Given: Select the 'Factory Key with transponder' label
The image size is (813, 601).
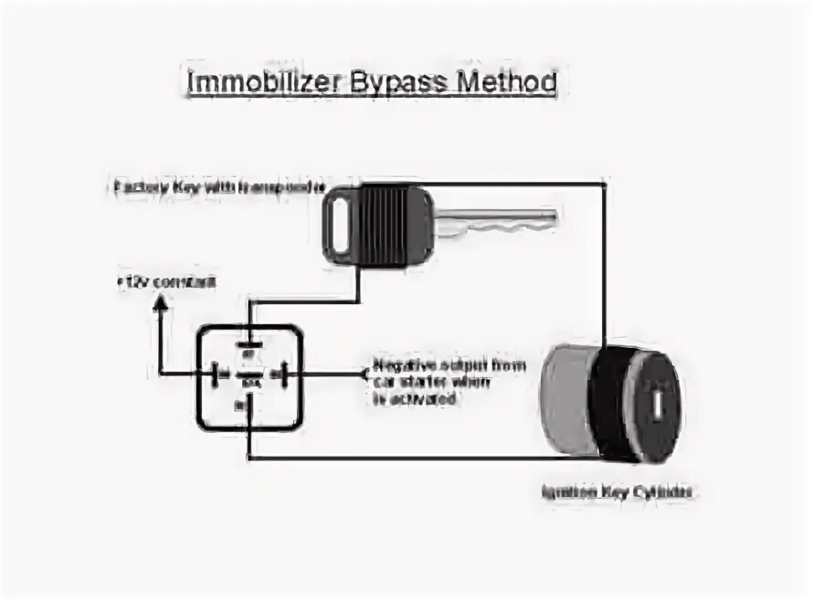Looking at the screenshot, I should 218,188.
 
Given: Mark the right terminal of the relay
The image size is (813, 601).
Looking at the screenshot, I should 279,374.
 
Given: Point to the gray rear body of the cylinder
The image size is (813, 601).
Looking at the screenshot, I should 565,403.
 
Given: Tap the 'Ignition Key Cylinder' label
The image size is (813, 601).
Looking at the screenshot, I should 618,491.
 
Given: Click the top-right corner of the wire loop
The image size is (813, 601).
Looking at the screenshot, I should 605,186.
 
